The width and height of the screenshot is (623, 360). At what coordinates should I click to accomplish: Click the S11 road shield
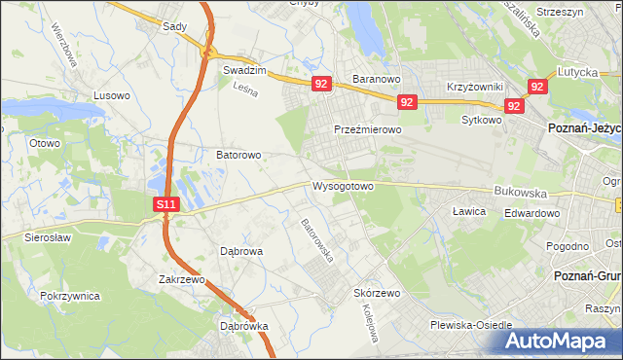pos(166,204)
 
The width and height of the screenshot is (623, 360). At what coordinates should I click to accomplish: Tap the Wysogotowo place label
pos(343,186)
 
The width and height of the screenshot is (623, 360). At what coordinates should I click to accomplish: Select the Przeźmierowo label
pos(367,129)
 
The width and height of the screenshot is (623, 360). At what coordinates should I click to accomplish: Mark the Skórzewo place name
pos(378,293)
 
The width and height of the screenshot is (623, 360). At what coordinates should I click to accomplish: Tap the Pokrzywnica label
pos(71,294)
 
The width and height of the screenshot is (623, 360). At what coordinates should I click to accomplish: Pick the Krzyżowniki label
pos(474,87)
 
